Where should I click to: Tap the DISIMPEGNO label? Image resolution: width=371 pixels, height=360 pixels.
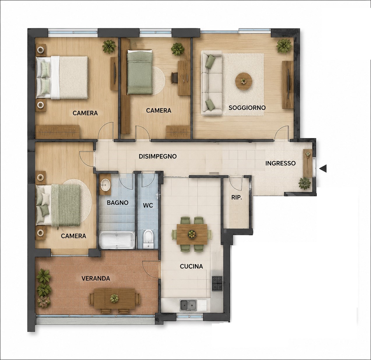click(158, 156)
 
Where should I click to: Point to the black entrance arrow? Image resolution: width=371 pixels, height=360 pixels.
click(323, 168)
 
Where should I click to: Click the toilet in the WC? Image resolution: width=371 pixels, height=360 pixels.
click(148, 239)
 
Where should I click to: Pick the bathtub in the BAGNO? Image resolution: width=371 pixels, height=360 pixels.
click(117, 240)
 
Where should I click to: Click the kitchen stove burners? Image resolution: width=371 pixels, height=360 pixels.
click(217, 283)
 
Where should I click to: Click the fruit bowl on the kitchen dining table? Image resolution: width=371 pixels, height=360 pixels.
click(192, 234)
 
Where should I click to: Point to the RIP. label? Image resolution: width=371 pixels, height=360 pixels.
click(237, 198)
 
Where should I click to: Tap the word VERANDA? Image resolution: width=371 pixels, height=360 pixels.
click(96, 278)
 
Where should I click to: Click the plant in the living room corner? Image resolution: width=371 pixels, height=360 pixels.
click(284, 46)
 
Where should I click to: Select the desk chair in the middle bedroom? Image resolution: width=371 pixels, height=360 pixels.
click(174, 78)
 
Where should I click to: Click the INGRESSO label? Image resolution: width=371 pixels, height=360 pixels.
click(280, 163)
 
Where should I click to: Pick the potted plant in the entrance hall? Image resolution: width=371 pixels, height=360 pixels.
click(305, 183)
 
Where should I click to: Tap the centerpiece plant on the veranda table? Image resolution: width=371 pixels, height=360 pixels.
click(114, 298)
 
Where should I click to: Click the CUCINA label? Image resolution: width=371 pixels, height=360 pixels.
click(191, 267)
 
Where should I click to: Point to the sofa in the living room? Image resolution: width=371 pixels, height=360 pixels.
click(212, 83)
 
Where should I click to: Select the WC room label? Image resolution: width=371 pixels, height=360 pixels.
click(148, 205)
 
